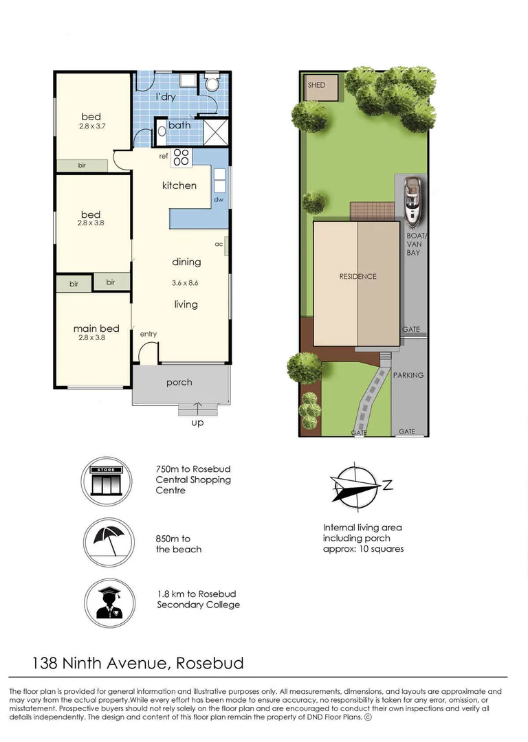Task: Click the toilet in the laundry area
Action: (212, 82)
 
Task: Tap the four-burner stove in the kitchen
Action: (181, 157)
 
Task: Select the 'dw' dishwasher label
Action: (219, 200)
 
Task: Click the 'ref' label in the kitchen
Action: (164, 156)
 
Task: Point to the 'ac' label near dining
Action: (219, 244)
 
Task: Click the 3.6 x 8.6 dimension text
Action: (185, 283)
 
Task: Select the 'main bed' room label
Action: (96, 328)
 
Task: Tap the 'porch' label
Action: (179, 383)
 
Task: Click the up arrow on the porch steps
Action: (197, 407)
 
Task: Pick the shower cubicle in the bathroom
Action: (216, 132)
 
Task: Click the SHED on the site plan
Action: (322, 87)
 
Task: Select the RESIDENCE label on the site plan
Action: (357, 276)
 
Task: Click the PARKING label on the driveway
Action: (408, 375)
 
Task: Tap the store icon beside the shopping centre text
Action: (106, 482)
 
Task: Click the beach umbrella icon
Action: (109, 541)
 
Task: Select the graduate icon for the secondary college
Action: (109, 603)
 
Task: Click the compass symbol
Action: (357, 486)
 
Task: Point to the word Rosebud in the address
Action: (209, 663)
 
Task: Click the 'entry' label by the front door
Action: (148, 334)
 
